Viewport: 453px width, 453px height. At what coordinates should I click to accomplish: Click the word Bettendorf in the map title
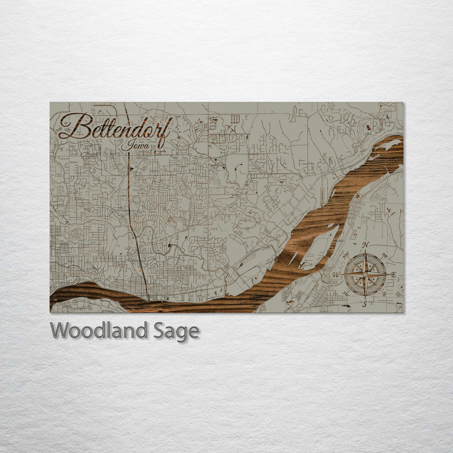click(114, 127)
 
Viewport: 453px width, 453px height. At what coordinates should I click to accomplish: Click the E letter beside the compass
click(393, 275)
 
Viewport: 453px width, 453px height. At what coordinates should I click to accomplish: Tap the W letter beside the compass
click(336, 275)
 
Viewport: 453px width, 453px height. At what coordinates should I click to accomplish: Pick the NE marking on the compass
click(384, 255)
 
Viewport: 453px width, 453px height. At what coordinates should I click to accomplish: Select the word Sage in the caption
click(176, 331)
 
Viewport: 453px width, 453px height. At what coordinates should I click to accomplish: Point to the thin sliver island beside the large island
click(293, 259)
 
